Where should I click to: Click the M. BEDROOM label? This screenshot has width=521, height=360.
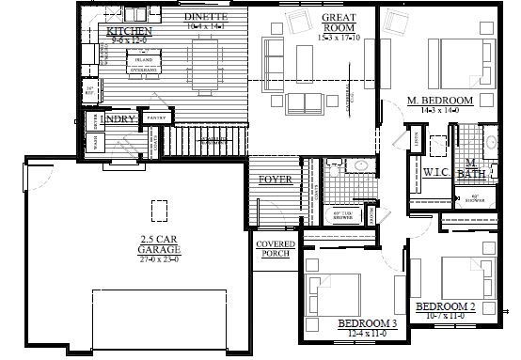tap(439, 100)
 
